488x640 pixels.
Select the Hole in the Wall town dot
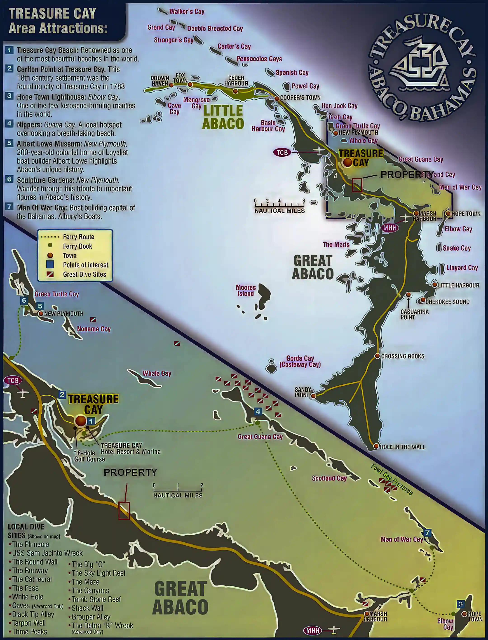pos(376,446)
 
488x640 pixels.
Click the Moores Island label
pos(246,291)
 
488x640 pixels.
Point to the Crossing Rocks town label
pos(403,356)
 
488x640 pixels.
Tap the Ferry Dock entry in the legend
pos(77,246)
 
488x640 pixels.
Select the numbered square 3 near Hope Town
pos(460,604)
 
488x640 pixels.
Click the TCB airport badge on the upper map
pos(282,153)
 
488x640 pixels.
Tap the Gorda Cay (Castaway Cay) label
pos(300,361)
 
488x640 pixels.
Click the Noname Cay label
pos(94,329)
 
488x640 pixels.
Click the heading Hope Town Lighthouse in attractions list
pos(52,97)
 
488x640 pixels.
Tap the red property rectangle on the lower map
pos(124,511)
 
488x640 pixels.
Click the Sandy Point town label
pos(303,392)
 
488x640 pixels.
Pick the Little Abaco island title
pos(223,117)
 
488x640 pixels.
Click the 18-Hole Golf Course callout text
pos(89,456)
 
